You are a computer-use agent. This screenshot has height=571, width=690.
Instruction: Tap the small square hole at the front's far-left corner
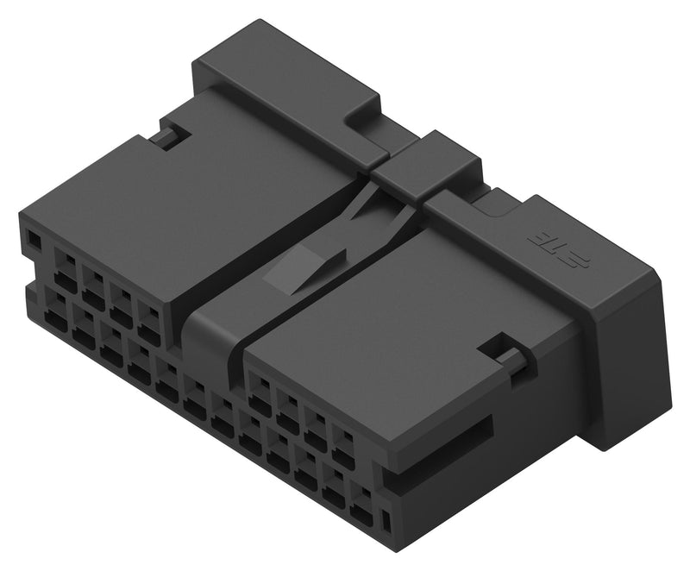click(x=33, y=238)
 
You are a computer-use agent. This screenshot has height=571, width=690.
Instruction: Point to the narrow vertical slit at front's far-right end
click(x=386, y=520)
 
